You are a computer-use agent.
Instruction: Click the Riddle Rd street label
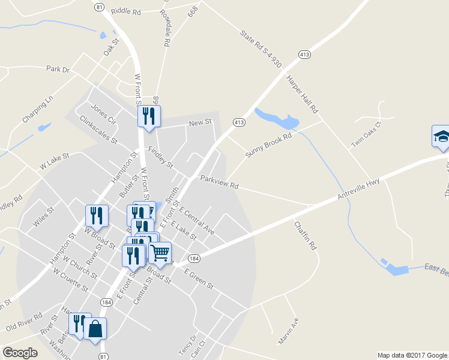pyautogui.click(x=126, y=11)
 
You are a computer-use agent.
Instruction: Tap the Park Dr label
pyautogui.click(x=58, y=70)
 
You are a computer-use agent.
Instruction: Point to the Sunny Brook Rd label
pyautogui.click(x=268, y=146)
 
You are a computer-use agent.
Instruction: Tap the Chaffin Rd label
pyautogui.click(x=305, y=236)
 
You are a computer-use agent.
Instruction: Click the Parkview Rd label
pyautogui.click(x=219, y=182)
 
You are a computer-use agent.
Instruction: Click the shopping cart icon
pyautogui.click(x=160, y=253)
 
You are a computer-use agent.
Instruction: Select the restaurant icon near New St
pyautogui.click(x=149, y=116)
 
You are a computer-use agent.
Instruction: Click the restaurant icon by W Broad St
pyautogui.click(x=97, y=215)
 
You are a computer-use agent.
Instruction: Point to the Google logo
pyautogui.click(x=20, y=353)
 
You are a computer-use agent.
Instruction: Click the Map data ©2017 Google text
pyautogui.click(x=412, y=355)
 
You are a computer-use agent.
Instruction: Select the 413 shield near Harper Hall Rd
pyautogui.click(x=305, y=55)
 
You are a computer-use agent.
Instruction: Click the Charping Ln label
pyautogui.click(x=38, y=109)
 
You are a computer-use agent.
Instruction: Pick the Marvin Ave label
pyautogui.click(x=289, y=331)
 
